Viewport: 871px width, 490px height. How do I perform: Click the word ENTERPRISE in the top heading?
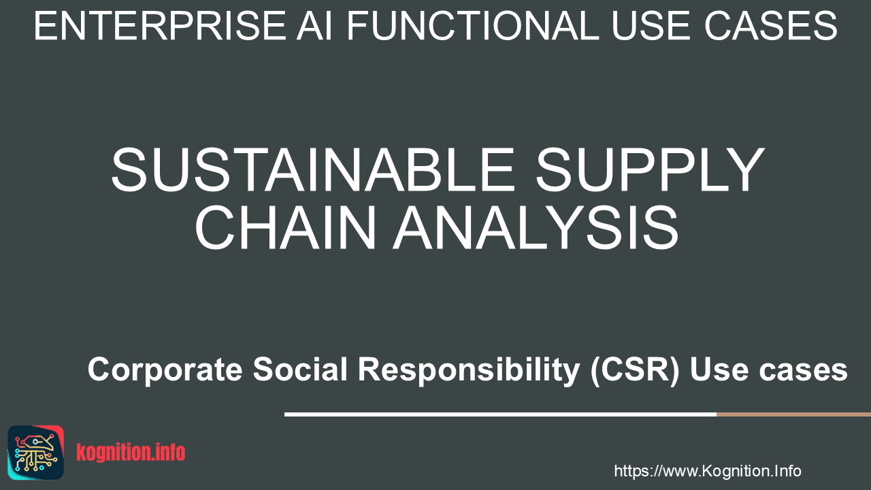(160, 26)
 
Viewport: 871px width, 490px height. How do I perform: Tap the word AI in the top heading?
(315, 26)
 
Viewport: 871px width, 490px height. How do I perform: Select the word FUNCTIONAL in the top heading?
(473, 26)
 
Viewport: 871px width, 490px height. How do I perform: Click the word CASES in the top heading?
(771, 26)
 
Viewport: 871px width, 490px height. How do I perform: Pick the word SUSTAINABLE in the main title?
(313, 170)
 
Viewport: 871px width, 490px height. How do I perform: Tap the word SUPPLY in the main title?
(650, 170)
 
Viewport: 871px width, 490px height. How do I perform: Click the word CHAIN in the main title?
(286, 227)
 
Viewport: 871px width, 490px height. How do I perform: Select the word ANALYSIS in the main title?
(536, 227)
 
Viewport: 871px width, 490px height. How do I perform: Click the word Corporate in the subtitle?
(165, 370)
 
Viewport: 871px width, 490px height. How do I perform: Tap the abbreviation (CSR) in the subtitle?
(635, 370)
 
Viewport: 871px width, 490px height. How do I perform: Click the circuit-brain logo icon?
(36, 453)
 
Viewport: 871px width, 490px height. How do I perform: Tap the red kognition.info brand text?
(131, 453)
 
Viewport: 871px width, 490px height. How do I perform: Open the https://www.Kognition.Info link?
(708, 471)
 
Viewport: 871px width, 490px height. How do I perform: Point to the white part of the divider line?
(500, 414)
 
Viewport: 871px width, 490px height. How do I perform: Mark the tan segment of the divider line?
(793, 414)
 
